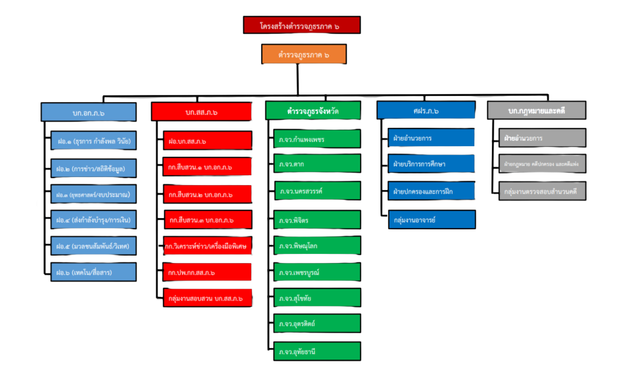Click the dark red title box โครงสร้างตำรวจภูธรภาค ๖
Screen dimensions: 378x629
point(300,25)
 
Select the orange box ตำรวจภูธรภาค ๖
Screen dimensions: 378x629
point(303,54)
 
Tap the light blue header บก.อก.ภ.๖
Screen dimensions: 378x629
point(88,111)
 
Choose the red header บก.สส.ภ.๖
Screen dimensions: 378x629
point(201,112)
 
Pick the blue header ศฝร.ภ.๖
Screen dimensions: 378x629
point(426,111)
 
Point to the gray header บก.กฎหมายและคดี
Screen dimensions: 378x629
point(536,111)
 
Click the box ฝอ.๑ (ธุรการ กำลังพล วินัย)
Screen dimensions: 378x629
point(93,141)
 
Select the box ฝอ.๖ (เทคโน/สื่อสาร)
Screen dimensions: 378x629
point(93,272)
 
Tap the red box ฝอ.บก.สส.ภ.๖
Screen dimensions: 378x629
point(207,141)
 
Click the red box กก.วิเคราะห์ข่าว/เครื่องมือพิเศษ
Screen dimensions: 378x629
point(207,246)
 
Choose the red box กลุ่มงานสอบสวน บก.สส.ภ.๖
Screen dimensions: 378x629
point(207,298)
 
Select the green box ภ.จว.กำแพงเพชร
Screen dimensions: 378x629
point(316,139)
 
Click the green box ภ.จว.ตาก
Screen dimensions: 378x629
point(316,165)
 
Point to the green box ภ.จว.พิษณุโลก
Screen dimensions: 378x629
point(316,246)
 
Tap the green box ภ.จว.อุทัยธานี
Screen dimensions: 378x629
point(316,352)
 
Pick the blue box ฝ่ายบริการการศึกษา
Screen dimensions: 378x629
point(431,164)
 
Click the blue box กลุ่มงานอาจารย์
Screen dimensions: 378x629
point(431,219)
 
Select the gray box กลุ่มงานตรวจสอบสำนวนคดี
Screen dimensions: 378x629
point(541,191)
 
